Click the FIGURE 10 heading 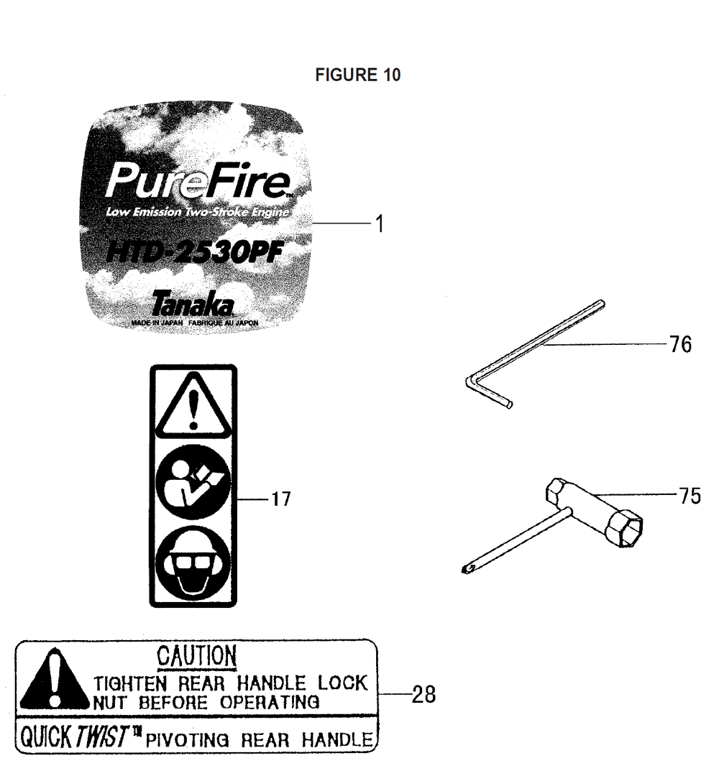pyautogui.click(x=358, y=75)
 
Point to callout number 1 pyautogui.click(x=380, y=223)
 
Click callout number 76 pyautogui.click(x=680, y=344)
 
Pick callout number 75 pyautogui.click(x=690, y=496)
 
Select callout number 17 pyautogui.click(x=281, y=499)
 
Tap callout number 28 pyautogui.click(x=423, y=694)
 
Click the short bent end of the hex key pyautogui.click(x=491, y=394)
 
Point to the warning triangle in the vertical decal pyautogui.click(x=193, y=405)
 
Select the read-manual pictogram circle pyautogui.click(x=193, y=482)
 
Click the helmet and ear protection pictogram pyautogui.click(x=193, y=563)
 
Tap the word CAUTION pyautogui.click(x=197, y=656)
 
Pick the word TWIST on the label pyautogui.click(x=102, y=736)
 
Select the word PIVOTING pyautogui.click(x=188, y=739)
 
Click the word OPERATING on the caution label pyautogui.click(x=270, y=702)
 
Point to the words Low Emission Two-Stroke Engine pyautogui.click(x=197, y=212)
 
